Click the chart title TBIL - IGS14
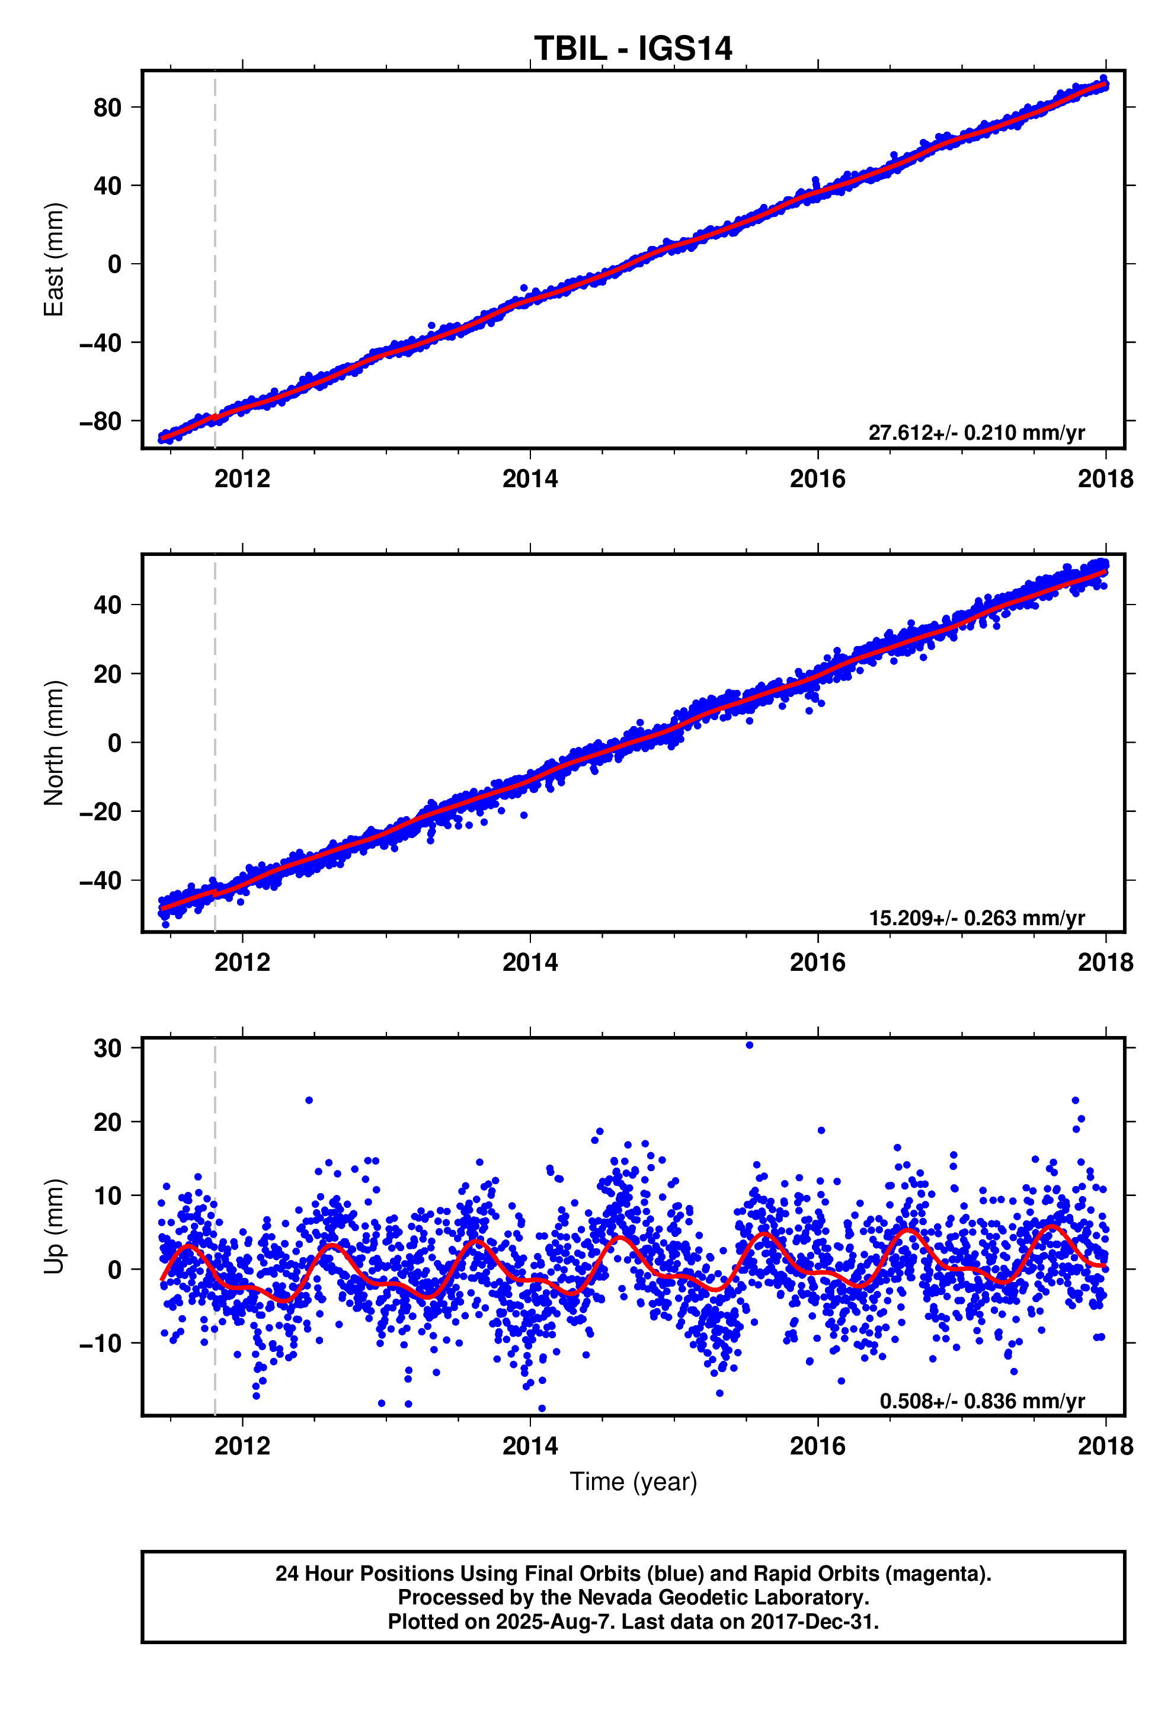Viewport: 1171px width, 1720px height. pos(633,49)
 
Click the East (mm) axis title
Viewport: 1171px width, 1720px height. pos(54,260)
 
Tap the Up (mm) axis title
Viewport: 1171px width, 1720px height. pos(54,1226)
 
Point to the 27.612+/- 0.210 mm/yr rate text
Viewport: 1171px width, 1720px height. pos(975,433)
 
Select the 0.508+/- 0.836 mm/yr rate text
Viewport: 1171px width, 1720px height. pos(981,1401)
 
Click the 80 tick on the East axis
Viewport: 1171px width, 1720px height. pos(107,108)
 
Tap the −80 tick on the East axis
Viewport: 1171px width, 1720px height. pos(100,421)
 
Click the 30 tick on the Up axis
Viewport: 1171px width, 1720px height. pos(107,1048)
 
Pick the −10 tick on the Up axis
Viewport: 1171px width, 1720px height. pos(100,1343)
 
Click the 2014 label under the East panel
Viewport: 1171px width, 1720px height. pos(530,479)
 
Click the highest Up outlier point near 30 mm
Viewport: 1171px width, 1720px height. pos(749,1045)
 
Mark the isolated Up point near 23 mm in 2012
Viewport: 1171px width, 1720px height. pos(309,1101)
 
